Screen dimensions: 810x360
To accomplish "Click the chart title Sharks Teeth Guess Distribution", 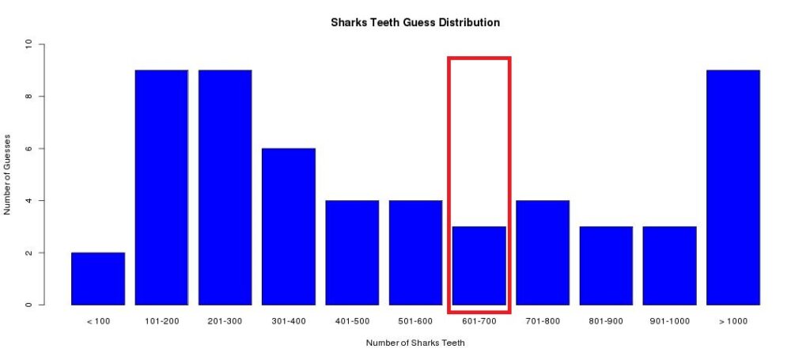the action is (415, 23).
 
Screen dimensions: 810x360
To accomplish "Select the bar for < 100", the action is (98, 279).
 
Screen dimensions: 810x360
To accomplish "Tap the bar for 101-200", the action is (161, 188).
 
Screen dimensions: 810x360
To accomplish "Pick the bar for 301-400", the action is (289, 227).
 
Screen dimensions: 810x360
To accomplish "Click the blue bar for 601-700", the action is (479, 266).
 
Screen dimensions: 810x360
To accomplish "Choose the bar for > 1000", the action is (733, 188).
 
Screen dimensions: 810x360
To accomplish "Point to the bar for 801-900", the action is (607, 266).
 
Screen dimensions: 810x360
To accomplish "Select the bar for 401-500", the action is (352, 252).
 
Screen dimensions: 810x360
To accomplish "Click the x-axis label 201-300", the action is (225, 321).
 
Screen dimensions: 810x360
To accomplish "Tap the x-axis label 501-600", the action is (416, 321).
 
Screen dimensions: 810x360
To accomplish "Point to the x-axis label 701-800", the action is (543, 321).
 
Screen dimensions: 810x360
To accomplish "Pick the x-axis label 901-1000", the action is (669, 321).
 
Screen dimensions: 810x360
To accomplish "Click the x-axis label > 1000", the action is (733, 321).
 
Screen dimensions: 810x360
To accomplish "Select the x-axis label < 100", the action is (98, 321).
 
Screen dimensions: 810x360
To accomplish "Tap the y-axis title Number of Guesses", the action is (7, 175).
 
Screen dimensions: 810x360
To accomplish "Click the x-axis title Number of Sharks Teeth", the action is (415, 343).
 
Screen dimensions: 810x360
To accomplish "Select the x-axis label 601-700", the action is (479, 321).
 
